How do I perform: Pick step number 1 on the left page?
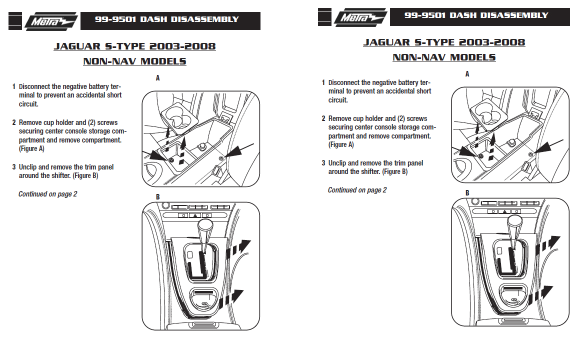(x=14, y=86)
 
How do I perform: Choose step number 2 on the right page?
(x=323, y=119)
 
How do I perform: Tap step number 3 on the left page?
(x=14, y=167)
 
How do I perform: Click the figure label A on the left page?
(x=157, y=78)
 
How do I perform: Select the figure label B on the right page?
(x=467, y=193)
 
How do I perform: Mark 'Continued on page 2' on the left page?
(x=47, y=194)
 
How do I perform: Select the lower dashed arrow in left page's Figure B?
(x=237, y=296)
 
